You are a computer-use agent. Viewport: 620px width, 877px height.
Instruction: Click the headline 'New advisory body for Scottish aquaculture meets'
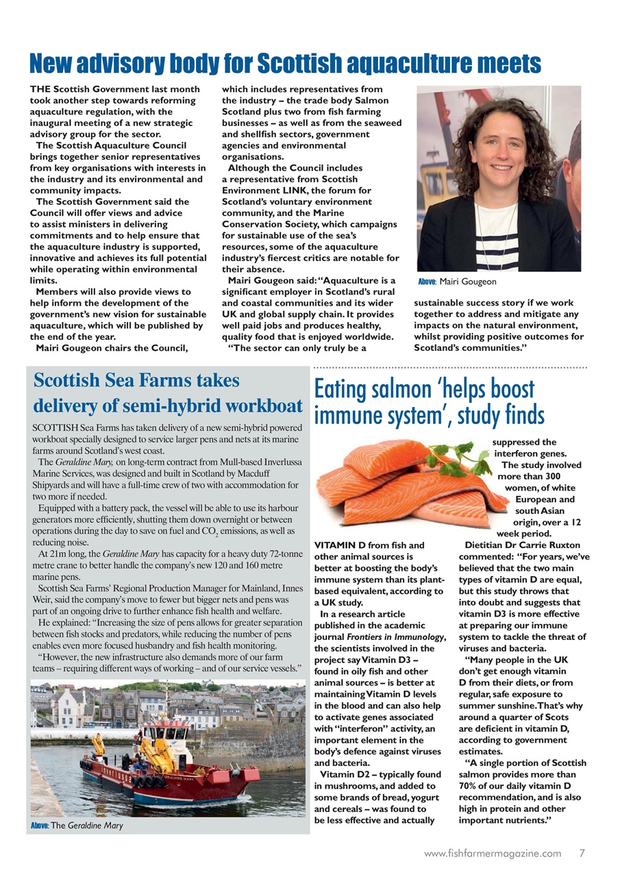pos(285,64)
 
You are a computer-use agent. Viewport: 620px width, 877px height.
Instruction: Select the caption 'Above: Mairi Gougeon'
pos(457,282)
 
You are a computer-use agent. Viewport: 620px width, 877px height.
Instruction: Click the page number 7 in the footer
pos(582,853)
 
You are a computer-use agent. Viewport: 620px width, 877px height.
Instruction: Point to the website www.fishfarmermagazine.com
pos(493,853)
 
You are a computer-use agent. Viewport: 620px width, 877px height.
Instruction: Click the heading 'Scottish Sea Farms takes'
pos(136,380)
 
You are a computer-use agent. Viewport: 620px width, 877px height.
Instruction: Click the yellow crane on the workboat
pos(155,750)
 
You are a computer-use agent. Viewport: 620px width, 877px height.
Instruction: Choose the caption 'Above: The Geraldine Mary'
pos(77,826)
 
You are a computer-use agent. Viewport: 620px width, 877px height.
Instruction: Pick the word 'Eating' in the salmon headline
pos(343,389)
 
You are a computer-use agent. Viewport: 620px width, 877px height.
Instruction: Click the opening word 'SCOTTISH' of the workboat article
pos(57,427)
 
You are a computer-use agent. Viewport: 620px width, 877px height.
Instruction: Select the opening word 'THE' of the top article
pos(40,90)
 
